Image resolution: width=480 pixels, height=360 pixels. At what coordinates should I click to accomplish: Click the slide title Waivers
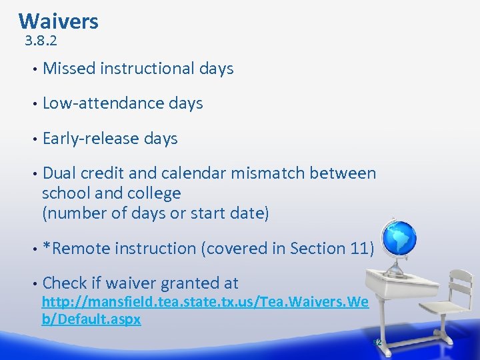click(59, 21)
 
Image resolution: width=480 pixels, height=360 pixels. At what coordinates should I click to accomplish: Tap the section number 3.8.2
click(41, 41)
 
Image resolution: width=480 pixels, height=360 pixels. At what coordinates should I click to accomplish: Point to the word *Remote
click(76, 249)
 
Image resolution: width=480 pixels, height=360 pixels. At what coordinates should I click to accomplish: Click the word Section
click(314, 249)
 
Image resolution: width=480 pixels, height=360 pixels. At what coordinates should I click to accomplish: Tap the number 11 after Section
click(357, 249)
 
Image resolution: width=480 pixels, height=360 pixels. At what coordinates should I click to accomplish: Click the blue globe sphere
click(398, 237)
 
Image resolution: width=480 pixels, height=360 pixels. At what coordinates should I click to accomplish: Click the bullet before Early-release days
click(31, 139)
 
